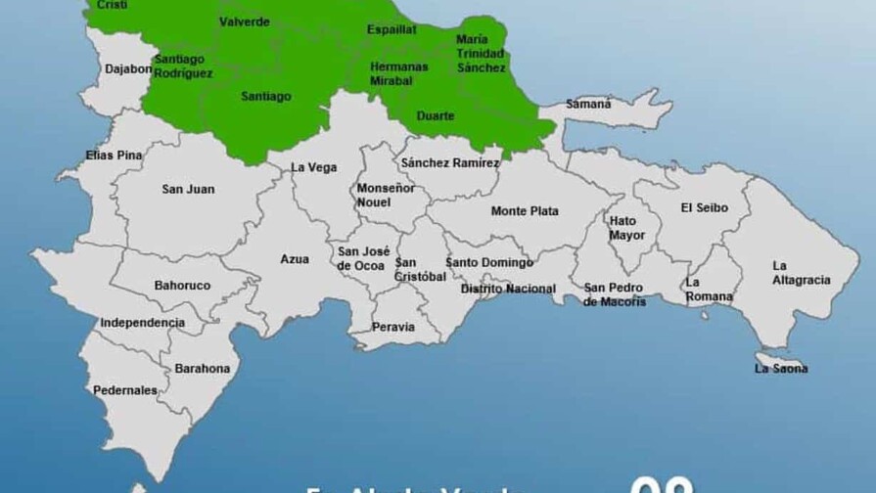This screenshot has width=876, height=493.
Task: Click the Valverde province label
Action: [245, 22]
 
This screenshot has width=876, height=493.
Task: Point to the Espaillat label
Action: [392, 29]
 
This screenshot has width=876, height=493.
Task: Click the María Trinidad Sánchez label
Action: [481, 54]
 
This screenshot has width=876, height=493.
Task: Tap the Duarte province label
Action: [436, 116]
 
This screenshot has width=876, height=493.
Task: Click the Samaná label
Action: [588, 104]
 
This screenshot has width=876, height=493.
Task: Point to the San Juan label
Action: [188, 189]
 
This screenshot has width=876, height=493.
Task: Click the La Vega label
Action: [314, 167]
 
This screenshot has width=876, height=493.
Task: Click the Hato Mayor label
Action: [627, 228]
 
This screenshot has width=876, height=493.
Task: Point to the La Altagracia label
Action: [801, 273]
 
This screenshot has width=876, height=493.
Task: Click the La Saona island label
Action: [781, 369]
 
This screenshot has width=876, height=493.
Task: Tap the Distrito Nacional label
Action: [508, 289]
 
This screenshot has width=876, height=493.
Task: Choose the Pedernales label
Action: [125, 390]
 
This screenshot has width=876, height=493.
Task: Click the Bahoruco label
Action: [182, 286]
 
